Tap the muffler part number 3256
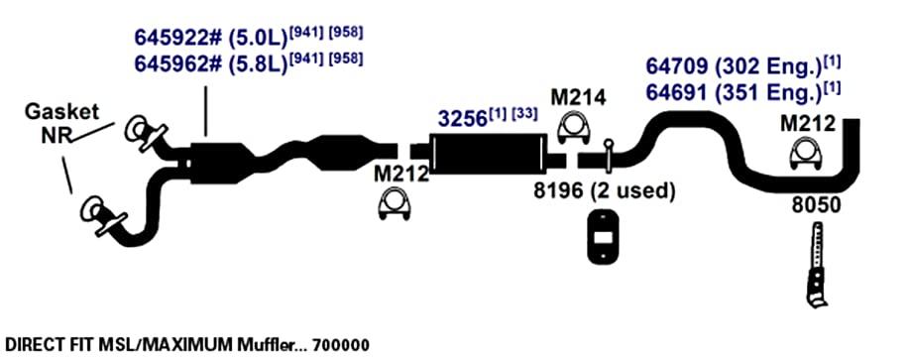462,119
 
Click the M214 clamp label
578,97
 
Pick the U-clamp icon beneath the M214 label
574,129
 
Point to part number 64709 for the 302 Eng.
678,66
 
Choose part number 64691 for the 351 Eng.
678,92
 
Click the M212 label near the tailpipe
808,123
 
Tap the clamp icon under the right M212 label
805,156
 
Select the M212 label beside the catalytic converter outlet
400,174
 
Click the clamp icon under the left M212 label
396,205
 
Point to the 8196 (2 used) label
605,190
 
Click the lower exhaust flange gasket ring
93,209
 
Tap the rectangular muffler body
488,153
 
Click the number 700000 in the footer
340,345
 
